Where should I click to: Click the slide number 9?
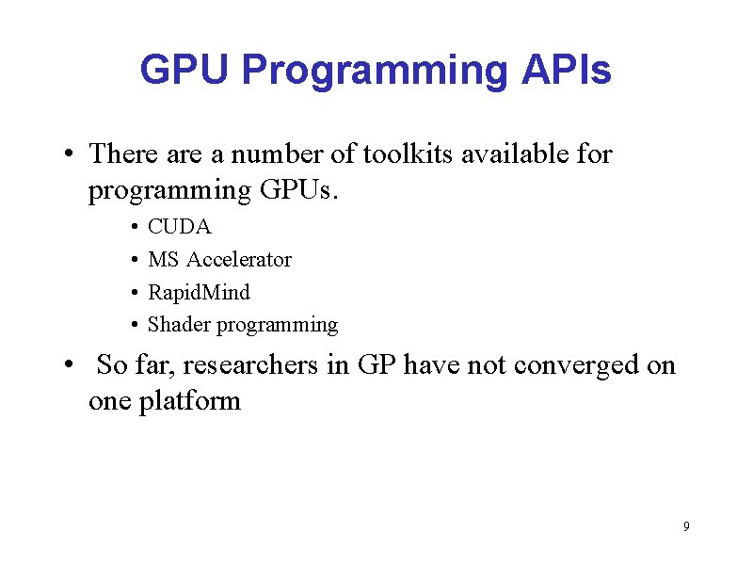(686, 525)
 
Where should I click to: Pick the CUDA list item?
(180, 227)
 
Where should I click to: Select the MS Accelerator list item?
(219, 259)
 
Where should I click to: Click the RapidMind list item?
(199, 292)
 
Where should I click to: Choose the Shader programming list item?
(243, 325)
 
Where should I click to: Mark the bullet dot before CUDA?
(136, 228)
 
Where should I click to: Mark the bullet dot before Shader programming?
(136, 326)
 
